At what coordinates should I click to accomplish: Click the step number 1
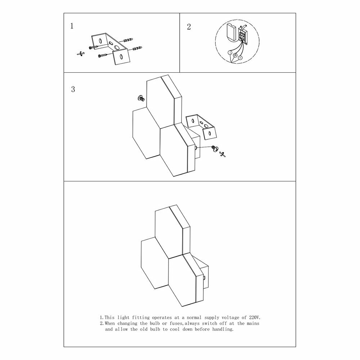point(72,26)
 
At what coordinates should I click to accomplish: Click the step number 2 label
point(189,27)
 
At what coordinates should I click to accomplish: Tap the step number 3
point(73,89)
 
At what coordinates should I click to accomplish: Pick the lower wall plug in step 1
point(136,49)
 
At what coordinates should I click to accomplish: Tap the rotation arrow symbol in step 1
point(81,54)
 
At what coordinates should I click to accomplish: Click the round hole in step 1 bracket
point(117,48)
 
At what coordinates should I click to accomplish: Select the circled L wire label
point(230,53)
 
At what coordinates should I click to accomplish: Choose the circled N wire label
point(240,58)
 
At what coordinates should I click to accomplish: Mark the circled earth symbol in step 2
point(235,55)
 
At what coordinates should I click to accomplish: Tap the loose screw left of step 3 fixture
point(140,98)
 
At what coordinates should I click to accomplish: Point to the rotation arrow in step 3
point(222,154)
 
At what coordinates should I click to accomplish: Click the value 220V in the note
point(255,318)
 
